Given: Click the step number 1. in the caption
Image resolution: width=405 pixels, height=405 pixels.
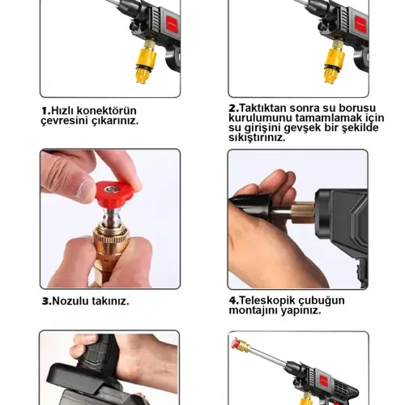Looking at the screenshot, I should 45,111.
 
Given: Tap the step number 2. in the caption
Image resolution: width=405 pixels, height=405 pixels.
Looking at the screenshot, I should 233,107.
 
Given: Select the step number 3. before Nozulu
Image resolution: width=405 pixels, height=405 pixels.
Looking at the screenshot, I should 46,301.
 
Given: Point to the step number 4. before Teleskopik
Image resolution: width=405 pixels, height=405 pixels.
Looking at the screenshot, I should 233,300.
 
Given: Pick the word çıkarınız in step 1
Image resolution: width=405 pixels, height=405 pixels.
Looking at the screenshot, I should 113,121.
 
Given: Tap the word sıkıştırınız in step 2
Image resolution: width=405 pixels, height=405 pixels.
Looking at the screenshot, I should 258,137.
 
